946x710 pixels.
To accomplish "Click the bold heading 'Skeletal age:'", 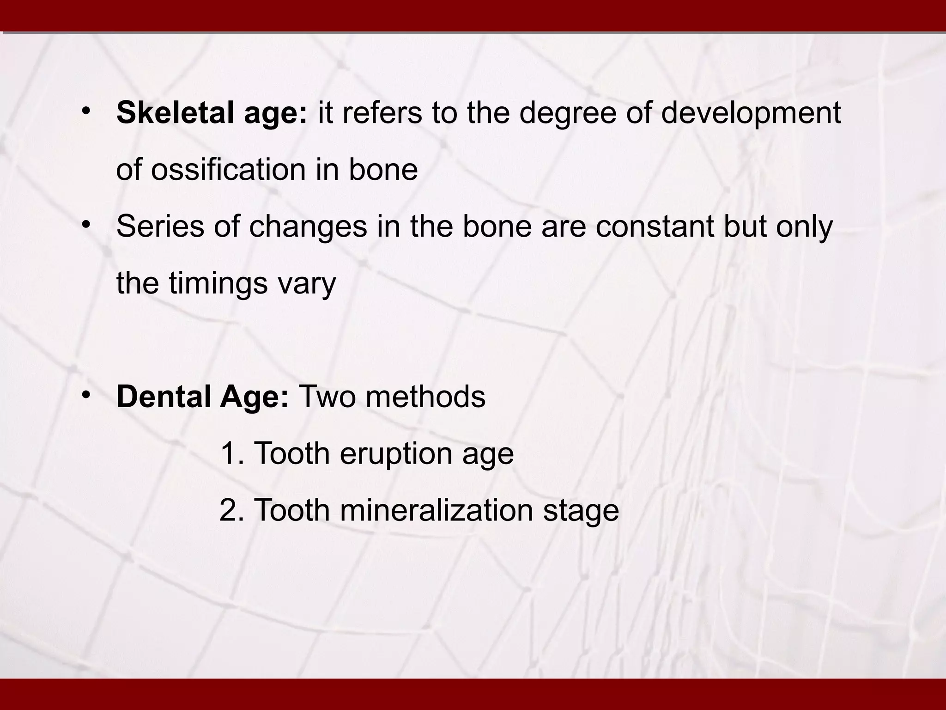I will (x=212, y=113).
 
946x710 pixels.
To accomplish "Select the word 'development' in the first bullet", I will (x=751, y=114).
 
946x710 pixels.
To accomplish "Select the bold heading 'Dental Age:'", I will (x=202, y=397).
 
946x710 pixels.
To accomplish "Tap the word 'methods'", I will (x=425, y=397).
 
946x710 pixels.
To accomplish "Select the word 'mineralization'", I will (x=436, y=510).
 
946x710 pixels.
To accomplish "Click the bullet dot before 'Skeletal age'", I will (x=86, y=111).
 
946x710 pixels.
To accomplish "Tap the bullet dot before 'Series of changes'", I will (x=86, y=225).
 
